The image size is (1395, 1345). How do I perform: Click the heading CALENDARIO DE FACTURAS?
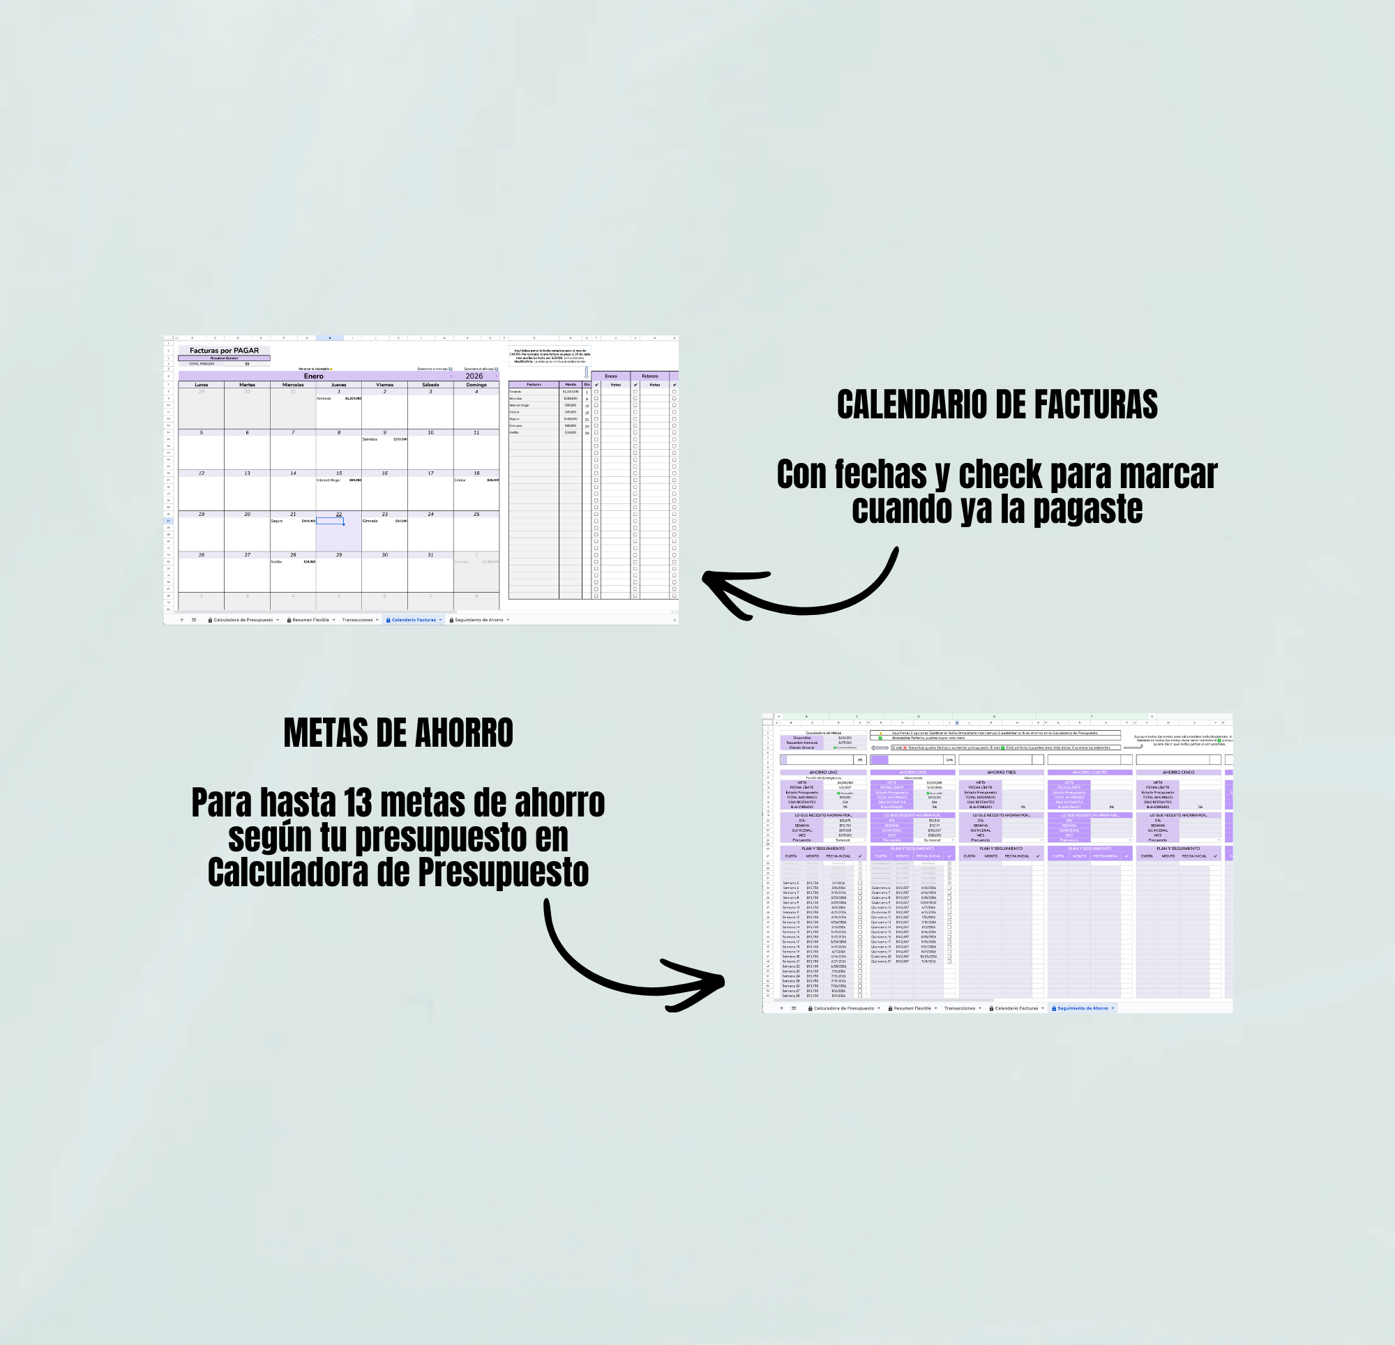(x=997, y=404)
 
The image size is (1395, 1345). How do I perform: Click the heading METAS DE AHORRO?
(x=398, y=733)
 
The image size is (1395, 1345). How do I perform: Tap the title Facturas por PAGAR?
(x=224, y=350)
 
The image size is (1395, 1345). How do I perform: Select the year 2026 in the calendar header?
(x=474, y=376)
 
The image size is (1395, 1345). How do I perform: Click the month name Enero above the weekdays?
(x=313, y=376)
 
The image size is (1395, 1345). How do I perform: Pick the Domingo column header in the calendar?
(x=476, y=384)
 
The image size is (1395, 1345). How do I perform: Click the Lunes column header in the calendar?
(x=202, y=384)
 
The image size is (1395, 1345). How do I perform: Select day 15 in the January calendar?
(x=339, y=473)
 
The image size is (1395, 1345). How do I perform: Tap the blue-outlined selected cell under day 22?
(x=330, y=521)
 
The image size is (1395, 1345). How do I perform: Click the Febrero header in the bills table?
(x=650, y=376)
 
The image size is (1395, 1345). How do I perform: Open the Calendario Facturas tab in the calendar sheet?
(x=414, y=620)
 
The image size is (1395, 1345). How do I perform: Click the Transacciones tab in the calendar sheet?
(x=357, y=620)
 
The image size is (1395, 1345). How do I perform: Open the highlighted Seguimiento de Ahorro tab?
(x=1083, y=1008)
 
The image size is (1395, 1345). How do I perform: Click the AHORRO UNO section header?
(x=823, y=772)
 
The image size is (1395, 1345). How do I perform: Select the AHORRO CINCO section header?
(x=1178, y=772)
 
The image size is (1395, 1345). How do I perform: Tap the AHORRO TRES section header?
(x=1001, y=772)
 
